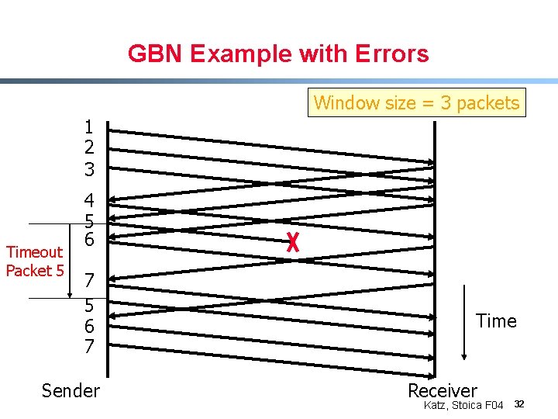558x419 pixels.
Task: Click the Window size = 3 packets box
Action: coord(416,102)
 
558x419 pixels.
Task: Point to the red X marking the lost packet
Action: coord(292,243)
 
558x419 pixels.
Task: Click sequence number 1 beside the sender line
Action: coord(89,126)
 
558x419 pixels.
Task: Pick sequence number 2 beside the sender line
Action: coord(89,147)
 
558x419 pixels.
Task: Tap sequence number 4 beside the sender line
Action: coord(89,200)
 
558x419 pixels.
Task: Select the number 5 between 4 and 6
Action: coord(89,220)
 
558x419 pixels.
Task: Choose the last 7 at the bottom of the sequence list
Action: coord(89,346)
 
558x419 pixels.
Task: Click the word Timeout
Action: coord(34,252)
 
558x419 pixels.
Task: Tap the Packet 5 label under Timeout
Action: coord(34,270)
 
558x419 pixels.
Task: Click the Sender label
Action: coord(71,390)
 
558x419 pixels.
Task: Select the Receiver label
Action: coord(443,390)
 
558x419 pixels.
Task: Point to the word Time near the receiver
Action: coord(496,321)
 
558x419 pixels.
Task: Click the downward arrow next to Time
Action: coord(463,322)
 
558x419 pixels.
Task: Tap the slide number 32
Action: coord(520,404)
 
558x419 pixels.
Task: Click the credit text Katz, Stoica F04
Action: coord(463,405)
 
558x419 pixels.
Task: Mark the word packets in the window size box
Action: coord(488,102)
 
